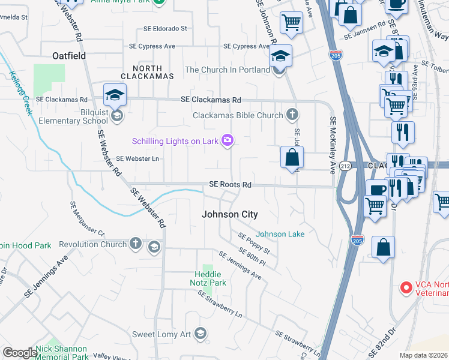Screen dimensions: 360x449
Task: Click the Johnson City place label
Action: [229, 214]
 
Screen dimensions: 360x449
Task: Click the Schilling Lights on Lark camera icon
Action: [228, 140]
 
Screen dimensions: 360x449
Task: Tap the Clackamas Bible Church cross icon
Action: [292, 115]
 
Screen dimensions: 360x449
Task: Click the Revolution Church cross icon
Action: [136, 244]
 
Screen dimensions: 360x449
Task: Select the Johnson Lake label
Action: [280, 234]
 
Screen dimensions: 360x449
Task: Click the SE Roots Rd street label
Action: [230, 185]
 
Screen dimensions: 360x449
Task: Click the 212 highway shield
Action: [346, 166]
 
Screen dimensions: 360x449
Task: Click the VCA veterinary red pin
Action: [406, 288]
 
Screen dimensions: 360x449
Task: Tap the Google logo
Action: [20, 353]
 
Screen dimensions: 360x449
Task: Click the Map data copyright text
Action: [424, 355]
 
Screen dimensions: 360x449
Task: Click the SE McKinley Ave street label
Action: [332, 145]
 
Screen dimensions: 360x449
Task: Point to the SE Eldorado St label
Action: [165, 28]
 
